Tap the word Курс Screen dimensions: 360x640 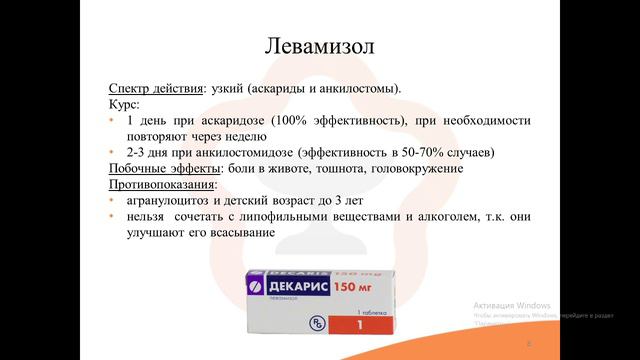pyautogui.click(x=123, y=103)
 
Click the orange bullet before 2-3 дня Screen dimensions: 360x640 pyautogui.click(x=112, y=152)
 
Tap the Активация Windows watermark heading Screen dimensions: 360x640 pyautogui.click(x=512, y=304)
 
